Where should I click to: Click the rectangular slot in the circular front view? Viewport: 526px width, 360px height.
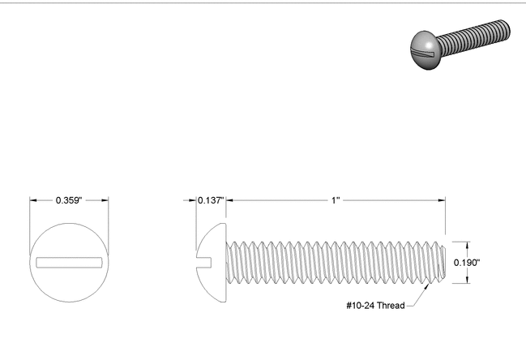click(69, 262)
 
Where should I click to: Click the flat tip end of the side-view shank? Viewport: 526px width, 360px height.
click(445, 262)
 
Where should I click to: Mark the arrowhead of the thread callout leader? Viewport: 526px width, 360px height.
click(426, 285)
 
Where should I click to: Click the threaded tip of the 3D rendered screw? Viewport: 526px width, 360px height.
click(507, 30)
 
